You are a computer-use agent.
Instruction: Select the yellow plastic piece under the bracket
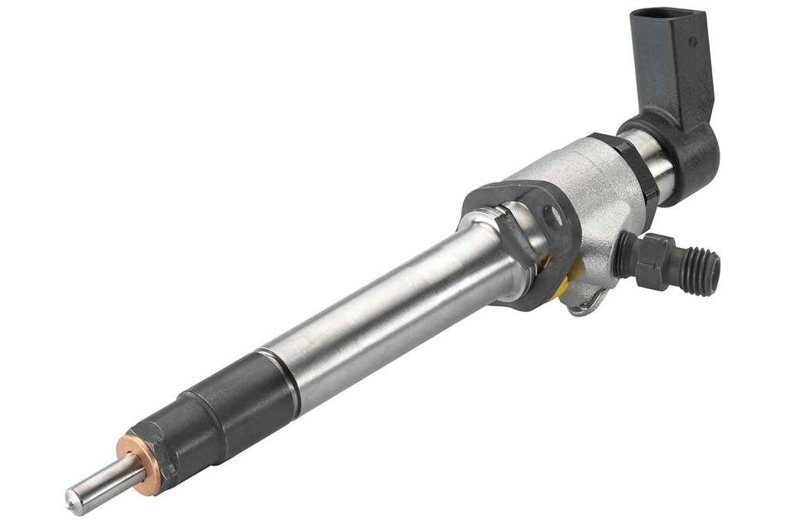click(566, 281)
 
